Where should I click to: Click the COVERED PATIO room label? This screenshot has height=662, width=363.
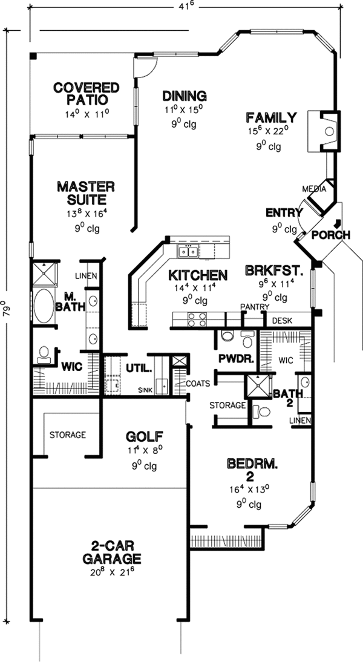click(x=87, y=93)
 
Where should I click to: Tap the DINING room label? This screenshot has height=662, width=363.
click(x=185, y=96)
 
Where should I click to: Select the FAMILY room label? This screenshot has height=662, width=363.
click(x=270, y=117)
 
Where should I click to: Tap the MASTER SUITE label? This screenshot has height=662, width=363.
click(x=86, y=192)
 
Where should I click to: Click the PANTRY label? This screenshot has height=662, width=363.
click(x=254, y=307)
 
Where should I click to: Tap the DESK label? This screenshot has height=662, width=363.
click(x=282, y=320)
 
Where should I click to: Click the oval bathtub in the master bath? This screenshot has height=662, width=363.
click(x=43, y=307)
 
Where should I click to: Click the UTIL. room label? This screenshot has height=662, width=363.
click(x=139, y=367)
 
